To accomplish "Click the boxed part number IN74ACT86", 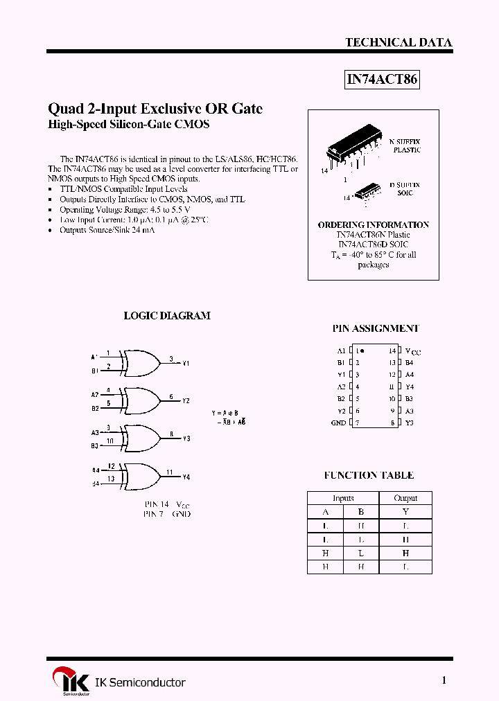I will [382, 80].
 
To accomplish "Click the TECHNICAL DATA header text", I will [399, 42].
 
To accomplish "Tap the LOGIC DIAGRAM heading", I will [166, 315].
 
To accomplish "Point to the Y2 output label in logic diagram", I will [186, 401].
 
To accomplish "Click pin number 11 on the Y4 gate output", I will [169, 472].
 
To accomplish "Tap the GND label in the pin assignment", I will [338, 423].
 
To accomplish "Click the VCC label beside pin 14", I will [412, 351].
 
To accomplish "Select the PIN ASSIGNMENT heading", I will [375, 328].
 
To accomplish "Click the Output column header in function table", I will [405, 498].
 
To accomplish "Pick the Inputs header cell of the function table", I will [343, 498].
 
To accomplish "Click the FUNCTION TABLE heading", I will [369, 475].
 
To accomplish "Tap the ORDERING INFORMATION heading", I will [373, 224].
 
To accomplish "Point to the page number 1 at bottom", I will [444, 680].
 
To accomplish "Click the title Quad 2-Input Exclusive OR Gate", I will [155, 109].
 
